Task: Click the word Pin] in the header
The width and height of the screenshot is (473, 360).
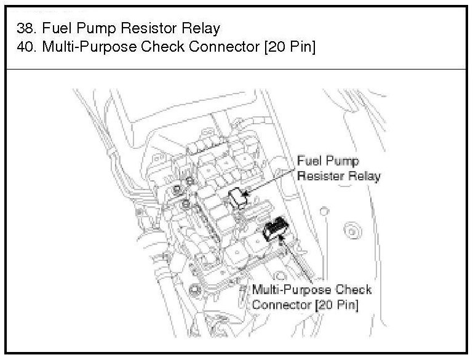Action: coord(302,47)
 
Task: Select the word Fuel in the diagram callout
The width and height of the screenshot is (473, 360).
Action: coord(309,161)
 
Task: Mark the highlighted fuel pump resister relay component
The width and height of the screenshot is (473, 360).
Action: coord(237,198)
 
